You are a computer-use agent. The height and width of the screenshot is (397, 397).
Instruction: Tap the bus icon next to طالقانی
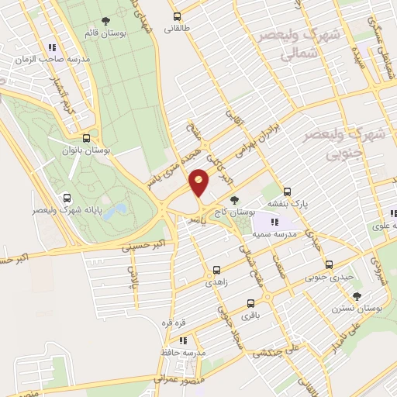(x=177, y=16)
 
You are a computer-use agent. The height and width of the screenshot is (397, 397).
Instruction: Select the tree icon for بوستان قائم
(x=105, y=22)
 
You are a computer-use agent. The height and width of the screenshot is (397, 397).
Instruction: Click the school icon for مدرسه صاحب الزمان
(x=52, y=47)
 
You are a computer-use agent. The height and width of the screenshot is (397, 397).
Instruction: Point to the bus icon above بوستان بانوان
(x=95, y=133)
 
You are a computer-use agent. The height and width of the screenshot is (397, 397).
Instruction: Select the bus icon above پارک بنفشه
(x=288, y=191)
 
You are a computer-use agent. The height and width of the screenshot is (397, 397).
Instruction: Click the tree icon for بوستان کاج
(x=246, y=201)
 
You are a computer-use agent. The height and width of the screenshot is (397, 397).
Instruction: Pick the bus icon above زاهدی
(x=216, y=271)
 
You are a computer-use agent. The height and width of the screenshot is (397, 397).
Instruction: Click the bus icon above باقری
(x=250, y=303)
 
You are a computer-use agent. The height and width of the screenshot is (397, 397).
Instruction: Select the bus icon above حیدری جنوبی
(x=330, y=264)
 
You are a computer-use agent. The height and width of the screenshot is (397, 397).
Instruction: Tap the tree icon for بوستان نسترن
(x=357, y=296)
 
